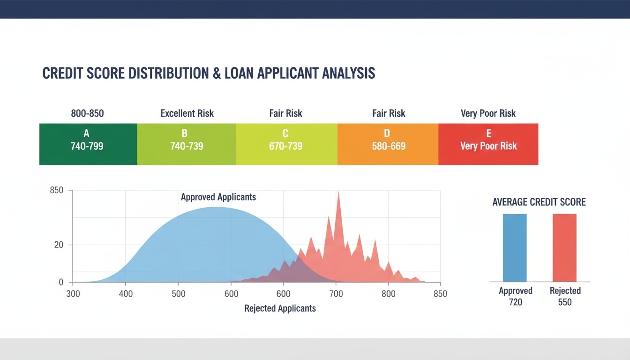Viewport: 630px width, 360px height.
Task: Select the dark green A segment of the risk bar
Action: pyautogui.click(x=88, y=144)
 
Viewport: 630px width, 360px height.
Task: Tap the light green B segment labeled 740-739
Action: pyautogui.click(x=187, y=144)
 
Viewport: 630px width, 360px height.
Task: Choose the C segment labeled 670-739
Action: pyautogui.click(x=286, y=144)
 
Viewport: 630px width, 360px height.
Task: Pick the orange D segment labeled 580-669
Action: pyautogui.click(x=388, y=144)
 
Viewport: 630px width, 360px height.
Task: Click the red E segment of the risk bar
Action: pyautogui.click(x=488, y=144)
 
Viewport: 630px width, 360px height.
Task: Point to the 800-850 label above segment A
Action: pyautogui.click(x=87, y=113)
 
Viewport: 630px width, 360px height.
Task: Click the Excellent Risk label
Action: pyautogui.click(x=187, y=113)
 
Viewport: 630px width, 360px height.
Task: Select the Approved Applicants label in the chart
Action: pyautogui.click(x=218, y=197)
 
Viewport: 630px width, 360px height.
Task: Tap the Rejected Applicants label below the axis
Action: pyautogui.click(x=280, y=308)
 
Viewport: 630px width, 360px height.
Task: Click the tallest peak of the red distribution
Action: pyautogui.click(x=338, y=193)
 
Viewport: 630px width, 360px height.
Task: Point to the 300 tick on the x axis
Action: pyautogui.click(x=73, y=294)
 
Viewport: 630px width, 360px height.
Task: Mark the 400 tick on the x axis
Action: pyautogui.click(x=125, y=294)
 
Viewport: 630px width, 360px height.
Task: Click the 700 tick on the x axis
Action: pyautogui.click(x=336, y=294)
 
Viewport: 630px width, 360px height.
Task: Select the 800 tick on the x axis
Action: pyautogui.click(x=388, y=294)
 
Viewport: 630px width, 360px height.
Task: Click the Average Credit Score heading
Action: pyautogui.click(x=539, y=202)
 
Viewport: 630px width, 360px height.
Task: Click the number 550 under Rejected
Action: pyautogui.click(x=565, y=302)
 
